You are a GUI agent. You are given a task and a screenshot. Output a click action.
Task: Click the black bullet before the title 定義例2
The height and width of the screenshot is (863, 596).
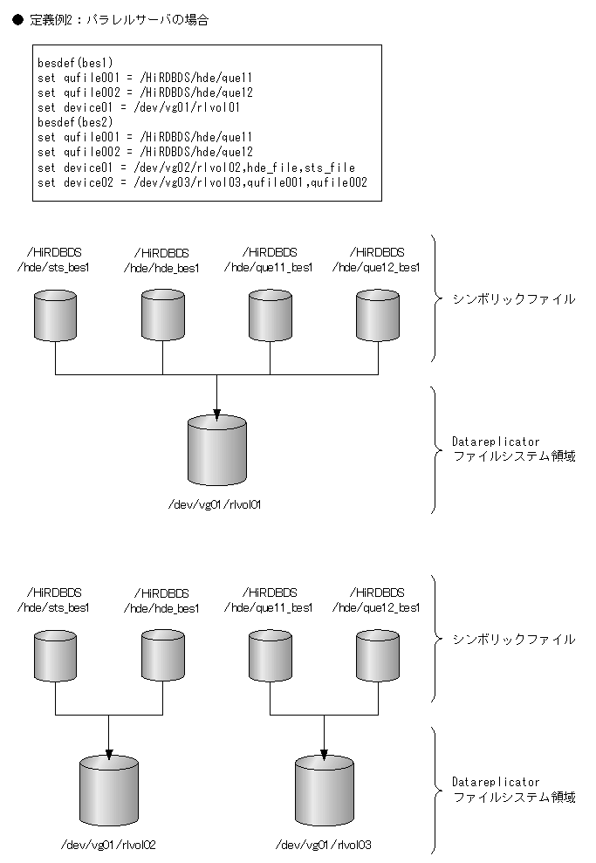pos(17,19)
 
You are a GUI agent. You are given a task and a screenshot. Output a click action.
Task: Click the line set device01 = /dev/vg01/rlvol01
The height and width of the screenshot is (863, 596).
pos(139,107)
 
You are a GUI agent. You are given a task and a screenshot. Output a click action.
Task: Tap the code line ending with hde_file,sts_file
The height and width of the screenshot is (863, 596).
pos(196,167)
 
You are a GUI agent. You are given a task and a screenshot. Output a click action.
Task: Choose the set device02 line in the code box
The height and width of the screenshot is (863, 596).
pos(202,182)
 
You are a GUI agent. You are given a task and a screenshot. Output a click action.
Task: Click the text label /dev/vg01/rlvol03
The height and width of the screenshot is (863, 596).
pos(324,844)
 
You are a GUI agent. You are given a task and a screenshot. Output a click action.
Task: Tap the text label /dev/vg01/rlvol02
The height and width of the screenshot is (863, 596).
pos(108,844)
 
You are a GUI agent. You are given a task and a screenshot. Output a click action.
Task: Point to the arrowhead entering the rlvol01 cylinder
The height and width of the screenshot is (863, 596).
pos(216,409)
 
